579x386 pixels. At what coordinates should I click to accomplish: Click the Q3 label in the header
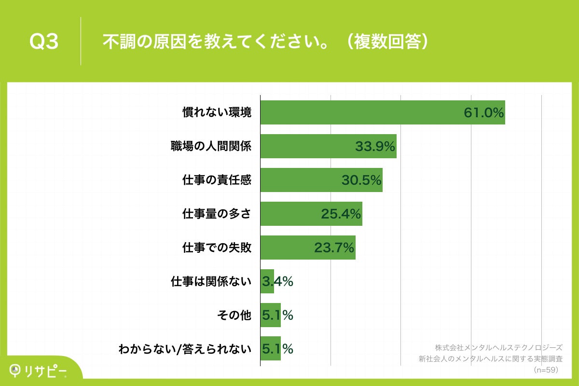44,42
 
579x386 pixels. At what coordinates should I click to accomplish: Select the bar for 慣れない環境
362,112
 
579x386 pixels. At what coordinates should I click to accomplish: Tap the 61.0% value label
484,113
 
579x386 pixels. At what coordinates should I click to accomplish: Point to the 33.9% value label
375,147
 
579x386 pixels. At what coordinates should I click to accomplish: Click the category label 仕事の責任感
217,180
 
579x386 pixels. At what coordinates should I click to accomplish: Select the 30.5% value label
361,180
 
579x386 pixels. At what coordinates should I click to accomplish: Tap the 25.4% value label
341,214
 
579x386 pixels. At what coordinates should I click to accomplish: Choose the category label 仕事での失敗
217,248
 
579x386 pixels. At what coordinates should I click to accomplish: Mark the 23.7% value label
334,248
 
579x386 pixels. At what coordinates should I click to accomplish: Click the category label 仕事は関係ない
211,281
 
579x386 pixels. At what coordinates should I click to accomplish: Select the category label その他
234,315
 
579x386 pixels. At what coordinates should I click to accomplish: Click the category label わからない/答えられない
185,349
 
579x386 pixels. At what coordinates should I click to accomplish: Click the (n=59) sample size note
546,370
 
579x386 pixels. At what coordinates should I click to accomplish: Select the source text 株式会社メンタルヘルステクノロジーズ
498,347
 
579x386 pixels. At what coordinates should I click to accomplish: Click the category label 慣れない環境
217,112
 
